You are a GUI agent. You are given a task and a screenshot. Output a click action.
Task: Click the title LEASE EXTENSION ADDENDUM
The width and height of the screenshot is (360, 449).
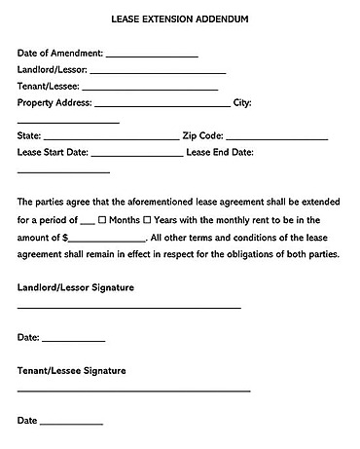point(180,19)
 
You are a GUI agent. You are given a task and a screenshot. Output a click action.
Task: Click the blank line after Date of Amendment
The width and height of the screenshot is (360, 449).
point(151,56)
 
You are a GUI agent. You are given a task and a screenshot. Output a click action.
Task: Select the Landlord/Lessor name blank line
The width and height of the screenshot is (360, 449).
point(158,73)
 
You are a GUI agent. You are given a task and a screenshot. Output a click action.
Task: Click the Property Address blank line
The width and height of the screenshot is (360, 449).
point(162,105)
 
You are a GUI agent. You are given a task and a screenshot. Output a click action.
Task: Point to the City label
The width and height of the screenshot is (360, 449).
point(243,102)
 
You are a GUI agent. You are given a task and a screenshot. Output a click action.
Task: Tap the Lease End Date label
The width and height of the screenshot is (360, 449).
point(220,152)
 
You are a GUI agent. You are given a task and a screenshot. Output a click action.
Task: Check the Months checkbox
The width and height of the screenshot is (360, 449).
point(102,221)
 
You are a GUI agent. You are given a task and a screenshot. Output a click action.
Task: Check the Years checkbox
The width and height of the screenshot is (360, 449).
point(147,221)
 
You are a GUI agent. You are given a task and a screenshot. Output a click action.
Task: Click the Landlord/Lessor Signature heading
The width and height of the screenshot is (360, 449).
point(76,288)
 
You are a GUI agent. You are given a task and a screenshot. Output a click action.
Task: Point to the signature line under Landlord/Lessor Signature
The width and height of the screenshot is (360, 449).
point(129,309)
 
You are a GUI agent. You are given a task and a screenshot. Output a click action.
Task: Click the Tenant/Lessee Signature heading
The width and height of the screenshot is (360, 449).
point(72,371)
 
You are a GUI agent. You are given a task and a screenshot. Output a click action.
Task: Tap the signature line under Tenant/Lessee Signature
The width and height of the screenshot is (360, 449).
point(134,392)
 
